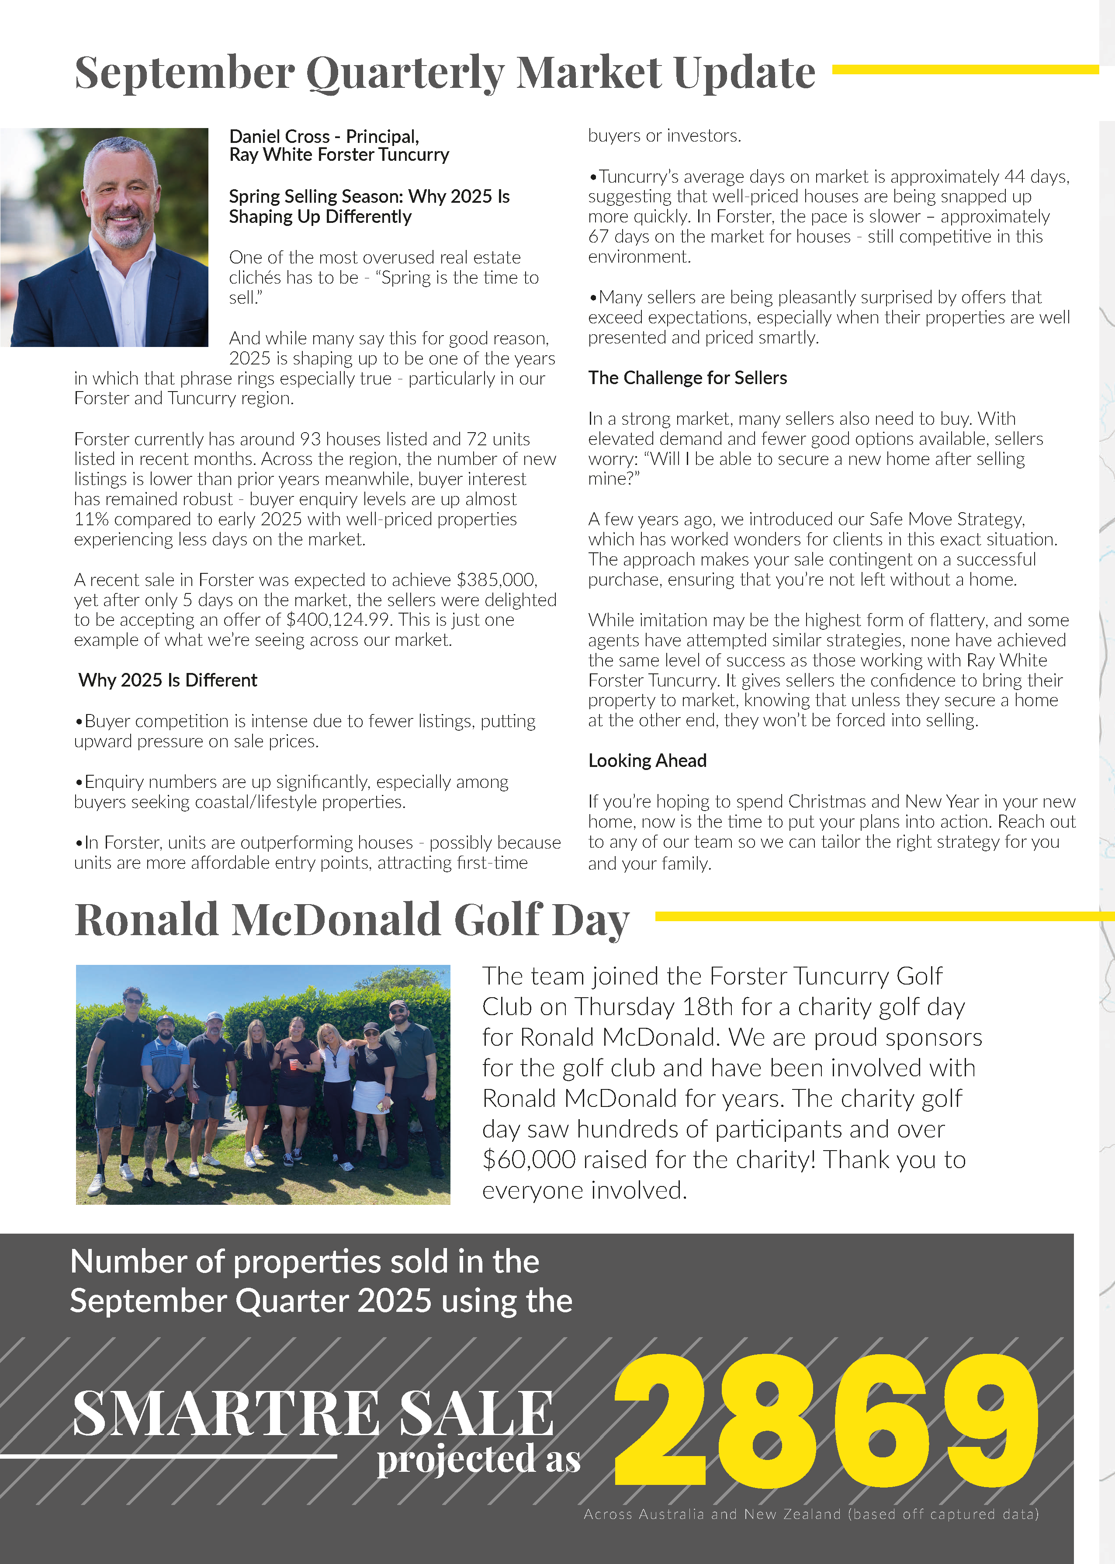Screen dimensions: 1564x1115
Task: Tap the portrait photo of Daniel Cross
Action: click(104, 237)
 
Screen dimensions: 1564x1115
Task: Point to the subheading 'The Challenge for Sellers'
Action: click(687, 378)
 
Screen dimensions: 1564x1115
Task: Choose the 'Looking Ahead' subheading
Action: click(647, 761)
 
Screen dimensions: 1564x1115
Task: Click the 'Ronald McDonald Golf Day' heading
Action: click(352, 919)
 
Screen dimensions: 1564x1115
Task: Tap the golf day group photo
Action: click(263, 1084)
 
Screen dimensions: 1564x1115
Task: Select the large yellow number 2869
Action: click(826, 1421)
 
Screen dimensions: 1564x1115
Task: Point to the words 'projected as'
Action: click(478, 1460)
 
